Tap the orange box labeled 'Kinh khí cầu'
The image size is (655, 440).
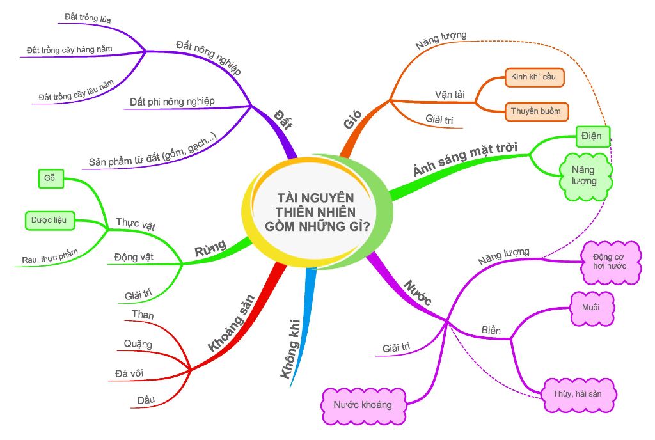pos(534,77)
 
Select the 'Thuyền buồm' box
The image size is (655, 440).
pos(535,111)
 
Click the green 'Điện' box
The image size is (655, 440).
pos(592,136)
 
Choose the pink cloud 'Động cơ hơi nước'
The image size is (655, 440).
pos(612,261)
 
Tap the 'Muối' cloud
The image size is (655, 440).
pos(591,308)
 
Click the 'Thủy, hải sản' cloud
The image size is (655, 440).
pos(580,393)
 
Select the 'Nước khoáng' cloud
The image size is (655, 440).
pos(363,405)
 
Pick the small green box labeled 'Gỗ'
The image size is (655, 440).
pos(50,178)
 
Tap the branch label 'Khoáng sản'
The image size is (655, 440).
pos(232,323)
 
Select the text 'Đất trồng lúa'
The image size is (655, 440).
pos(88,19)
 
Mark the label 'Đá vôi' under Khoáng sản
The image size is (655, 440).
pos(139,373)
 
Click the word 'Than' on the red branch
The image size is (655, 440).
pos(142,315)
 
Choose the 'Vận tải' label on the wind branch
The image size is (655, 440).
pos(450,95)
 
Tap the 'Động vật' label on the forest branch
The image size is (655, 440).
pos(134,257)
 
